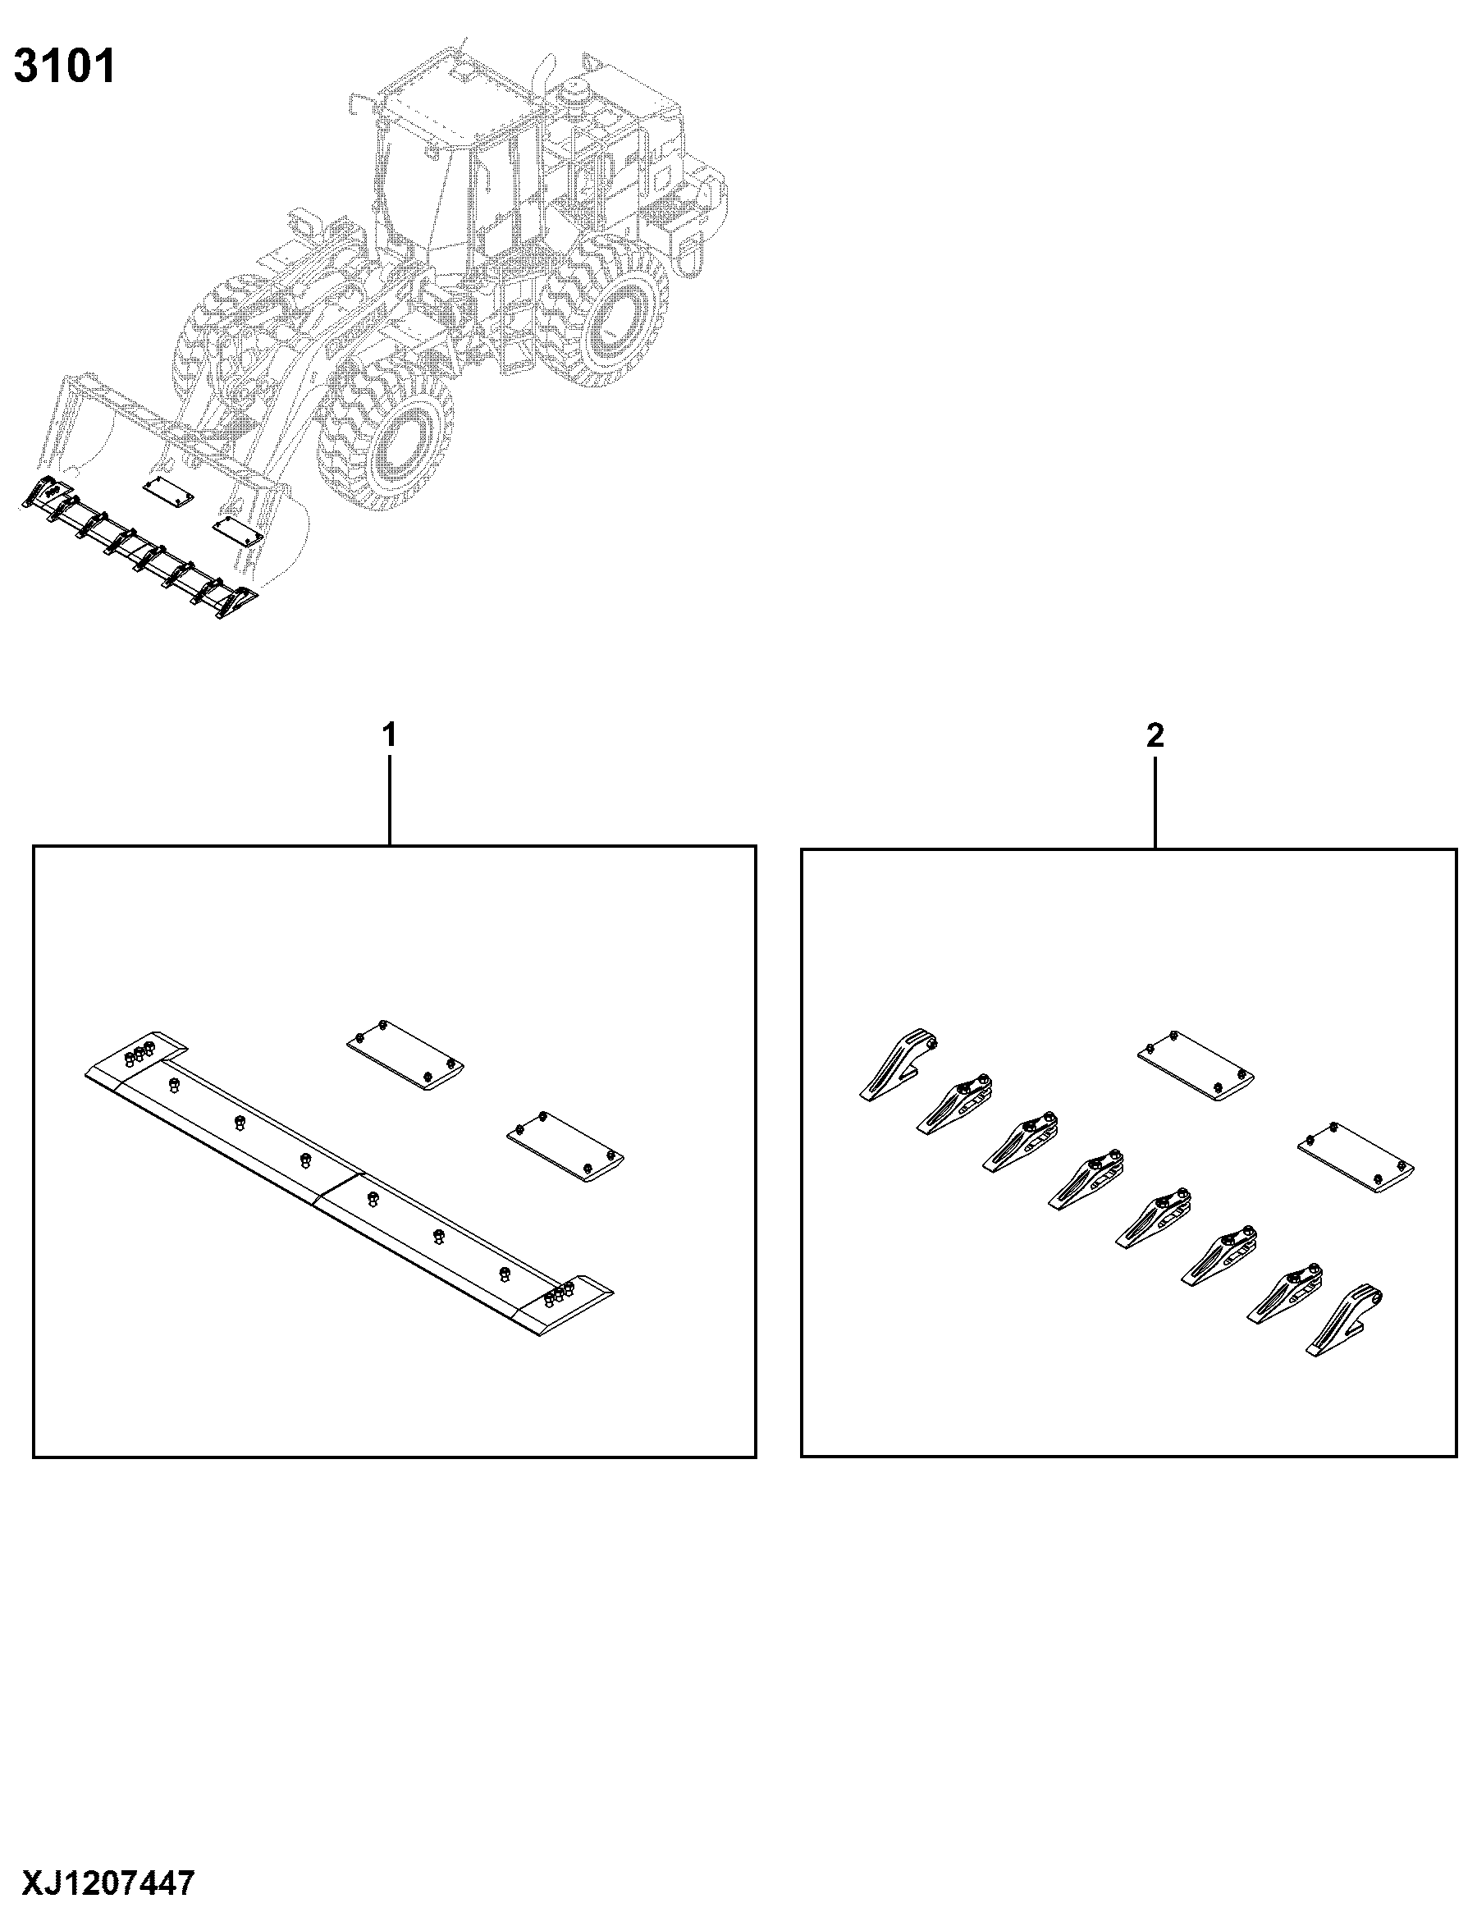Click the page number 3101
pyautogui.click(x=64, y=66)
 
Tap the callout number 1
pyautogui.click(x=389, y=735)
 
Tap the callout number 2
pyautogui.click(x=1155, y=735)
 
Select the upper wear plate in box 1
pyautogui.click(x=405, y=1057)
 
